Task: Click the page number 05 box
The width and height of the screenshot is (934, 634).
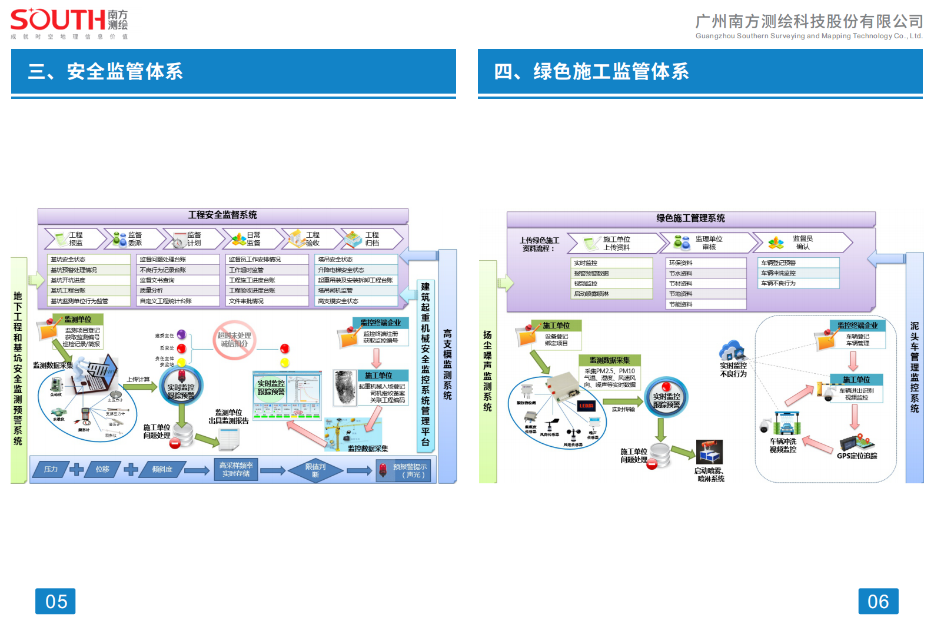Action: (x=55, y=601)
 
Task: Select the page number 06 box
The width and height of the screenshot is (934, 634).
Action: (x=878, y=601)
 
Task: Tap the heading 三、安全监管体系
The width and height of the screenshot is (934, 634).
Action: (x=105, y=71)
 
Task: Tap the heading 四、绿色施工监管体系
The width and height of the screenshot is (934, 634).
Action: (x=591, y=71)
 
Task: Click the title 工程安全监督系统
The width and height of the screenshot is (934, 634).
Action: (x=222, y=215)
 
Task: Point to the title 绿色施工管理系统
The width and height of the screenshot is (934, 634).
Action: (x=690, y=218)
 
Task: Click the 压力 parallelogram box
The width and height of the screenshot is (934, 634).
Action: (x=51, y=469)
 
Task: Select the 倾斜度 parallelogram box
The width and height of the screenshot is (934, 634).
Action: (x=162, y=469)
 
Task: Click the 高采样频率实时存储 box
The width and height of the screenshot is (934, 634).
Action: (x=236, y=469)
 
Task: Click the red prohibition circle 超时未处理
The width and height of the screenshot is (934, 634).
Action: (x=234, y=340)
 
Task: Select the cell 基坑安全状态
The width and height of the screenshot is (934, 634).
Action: (x=88, y=260)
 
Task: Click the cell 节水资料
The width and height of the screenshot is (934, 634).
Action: (x=706, y=274)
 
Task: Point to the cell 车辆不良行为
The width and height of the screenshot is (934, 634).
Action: (x=797, y=283)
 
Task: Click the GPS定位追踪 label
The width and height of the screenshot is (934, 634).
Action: (x=857, y=456)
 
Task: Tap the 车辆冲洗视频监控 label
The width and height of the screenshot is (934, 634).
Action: (x=783, y=446)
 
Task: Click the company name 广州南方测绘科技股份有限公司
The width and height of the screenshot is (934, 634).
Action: (x=809, y=22)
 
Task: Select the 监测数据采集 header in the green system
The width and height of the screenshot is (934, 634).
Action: (x=609, y=360)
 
